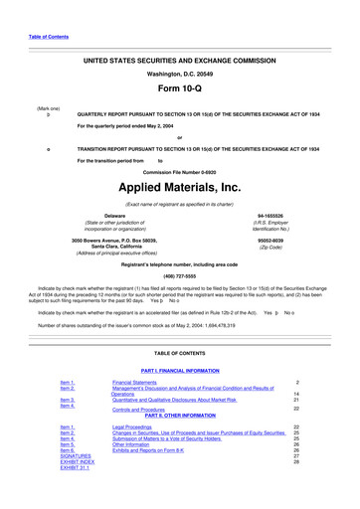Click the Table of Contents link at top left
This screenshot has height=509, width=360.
[49, 38]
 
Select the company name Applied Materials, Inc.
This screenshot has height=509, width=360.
[179, 187]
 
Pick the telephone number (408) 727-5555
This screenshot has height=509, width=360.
[179, 277]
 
